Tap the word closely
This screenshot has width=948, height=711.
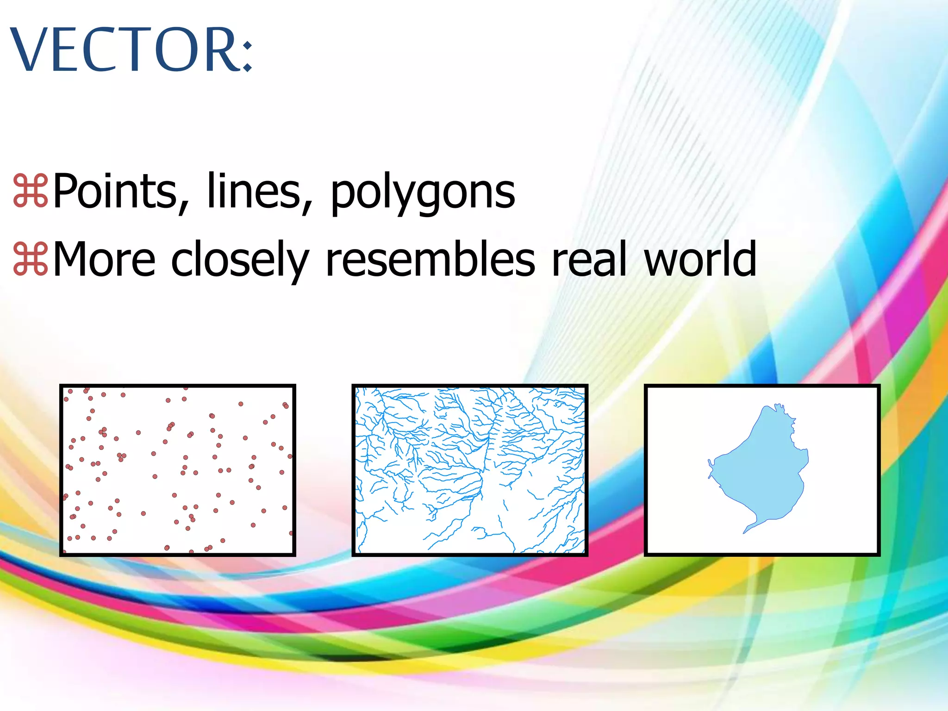239,260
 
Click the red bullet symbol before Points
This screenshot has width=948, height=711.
31,191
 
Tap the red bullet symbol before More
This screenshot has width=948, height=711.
31,259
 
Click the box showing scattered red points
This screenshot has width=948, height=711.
178,470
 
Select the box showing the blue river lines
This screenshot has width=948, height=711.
470,470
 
